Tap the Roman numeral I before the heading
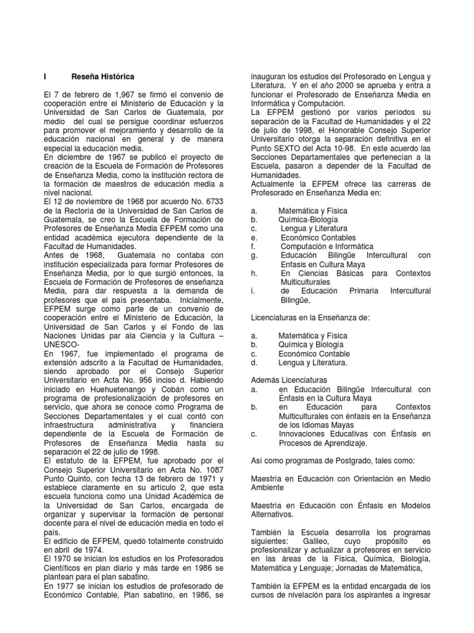click(46, 76)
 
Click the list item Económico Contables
click(318, 237)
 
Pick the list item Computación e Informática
click(323, 246)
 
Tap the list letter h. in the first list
click(254, 273)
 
